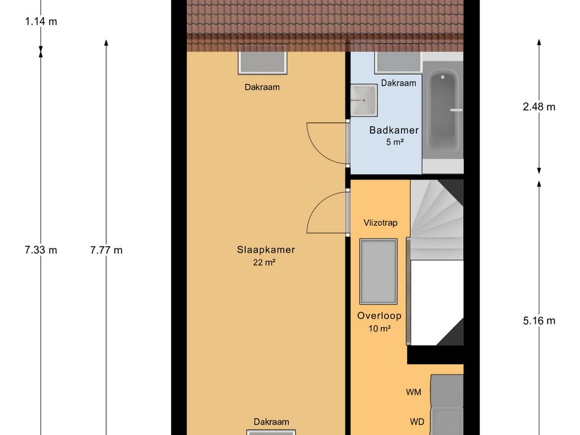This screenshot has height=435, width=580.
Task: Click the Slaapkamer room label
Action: [x=266, y=249]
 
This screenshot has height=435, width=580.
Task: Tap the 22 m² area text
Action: [x=264, y=262]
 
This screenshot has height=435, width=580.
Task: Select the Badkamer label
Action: [x=394, y=130]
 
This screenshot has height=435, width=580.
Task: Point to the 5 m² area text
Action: [x=394, y=142]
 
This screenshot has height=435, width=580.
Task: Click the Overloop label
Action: [x=379, y=315]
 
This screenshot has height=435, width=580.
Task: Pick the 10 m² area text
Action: [x=378, y=328]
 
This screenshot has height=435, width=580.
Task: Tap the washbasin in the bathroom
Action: [x=363, y=101]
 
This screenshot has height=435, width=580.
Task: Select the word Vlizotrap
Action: [x=380, y=223]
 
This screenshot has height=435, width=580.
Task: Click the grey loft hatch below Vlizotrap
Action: [x=378, y=271]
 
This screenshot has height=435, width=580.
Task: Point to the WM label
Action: [x=414, y=391]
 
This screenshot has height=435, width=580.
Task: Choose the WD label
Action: [x=417, y=421]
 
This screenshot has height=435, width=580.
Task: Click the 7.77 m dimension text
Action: [x=106, y=250]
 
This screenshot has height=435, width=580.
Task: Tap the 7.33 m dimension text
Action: [x=41, y=250]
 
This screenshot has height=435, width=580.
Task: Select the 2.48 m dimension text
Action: [x=539, y=106]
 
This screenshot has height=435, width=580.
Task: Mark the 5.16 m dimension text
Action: [x=539, y=321]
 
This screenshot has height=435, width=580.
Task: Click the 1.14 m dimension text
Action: [x=41, y=22]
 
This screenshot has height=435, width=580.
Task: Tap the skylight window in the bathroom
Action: [x=398, y=62]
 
